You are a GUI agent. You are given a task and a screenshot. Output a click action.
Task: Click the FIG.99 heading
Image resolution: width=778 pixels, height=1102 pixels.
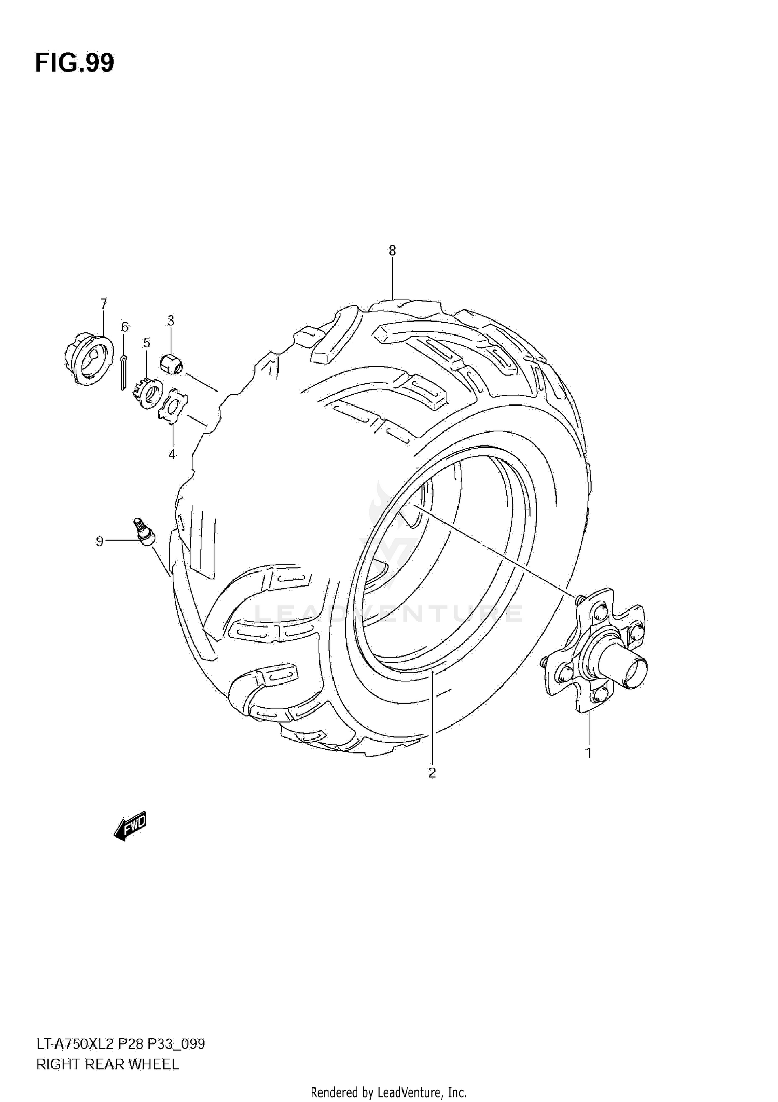click(75, 63)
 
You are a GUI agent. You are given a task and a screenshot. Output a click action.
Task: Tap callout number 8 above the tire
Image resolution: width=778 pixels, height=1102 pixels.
click(392, 251)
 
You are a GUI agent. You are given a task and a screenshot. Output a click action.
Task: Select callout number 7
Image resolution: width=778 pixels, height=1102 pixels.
click(103, 303)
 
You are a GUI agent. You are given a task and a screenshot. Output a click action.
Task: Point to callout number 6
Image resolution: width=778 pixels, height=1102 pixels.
click(124, 327)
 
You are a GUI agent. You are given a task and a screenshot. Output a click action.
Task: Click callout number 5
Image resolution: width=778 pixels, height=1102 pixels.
click(147, 343)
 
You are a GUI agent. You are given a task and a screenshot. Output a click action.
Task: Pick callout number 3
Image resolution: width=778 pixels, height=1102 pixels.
click(171, 320)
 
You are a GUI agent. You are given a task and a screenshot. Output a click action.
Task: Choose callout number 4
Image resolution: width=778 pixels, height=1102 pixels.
click(172, 455)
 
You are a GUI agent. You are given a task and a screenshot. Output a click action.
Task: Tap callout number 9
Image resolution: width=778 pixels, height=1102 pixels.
click(100, 541)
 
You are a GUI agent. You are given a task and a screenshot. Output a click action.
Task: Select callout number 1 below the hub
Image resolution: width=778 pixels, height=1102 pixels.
click(589, 752)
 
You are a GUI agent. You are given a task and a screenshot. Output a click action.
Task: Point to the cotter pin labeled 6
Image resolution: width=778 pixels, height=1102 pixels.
click(124, 371)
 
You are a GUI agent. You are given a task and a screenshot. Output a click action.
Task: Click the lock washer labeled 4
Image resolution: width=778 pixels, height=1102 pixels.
click(173, 408)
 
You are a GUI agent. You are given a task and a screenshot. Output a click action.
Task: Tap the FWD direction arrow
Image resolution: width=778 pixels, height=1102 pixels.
click(130, 825)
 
